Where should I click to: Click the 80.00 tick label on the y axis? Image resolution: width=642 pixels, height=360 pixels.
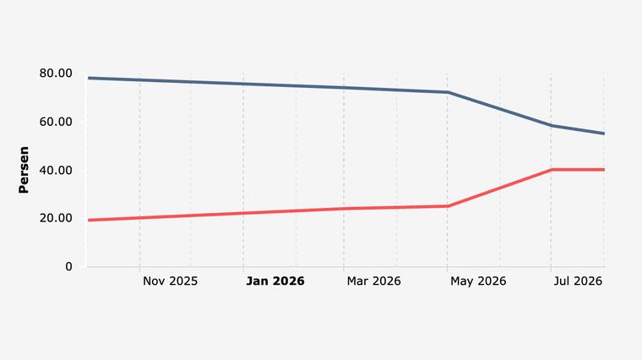(56, 74)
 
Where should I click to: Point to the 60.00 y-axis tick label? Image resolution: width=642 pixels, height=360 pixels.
(56, 122)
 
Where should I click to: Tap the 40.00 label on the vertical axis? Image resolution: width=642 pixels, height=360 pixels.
(56, 171)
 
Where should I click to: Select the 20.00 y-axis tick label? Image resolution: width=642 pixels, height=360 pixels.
(56, 218)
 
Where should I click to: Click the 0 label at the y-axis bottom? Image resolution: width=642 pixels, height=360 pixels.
(68, 267)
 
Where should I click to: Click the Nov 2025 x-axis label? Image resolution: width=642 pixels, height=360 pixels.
(170, 281)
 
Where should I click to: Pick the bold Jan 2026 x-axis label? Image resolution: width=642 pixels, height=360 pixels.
(275, 281)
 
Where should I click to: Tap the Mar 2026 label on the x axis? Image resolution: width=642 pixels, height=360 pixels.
(373, 281)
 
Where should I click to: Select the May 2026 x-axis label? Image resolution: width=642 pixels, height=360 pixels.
(478, 281)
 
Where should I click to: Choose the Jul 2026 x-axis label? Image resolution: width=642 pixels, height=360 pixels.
(578, 281)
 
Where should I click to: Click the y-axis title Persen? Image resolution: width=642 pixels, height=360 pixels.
(24, 170)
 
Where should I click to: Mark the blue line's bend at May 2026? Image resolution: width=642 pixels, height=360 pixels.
(448, 92)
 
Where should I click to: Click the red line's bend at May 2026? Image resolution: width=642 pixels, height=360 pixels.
(448, 206)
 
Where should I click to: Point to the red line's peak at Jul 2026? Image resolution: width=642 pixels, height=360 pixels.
(551, 170)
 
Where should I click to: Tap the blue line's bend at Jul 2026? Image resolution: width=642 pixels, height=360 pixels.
(551, 126)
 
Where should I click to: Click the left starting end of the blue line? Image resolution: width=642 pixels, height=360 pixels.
(89, 78)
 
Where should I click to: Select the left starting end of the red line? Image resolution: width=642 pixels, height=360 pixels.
(89, 221)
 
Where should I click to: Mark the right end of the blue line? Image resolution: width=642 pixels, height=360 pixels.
(604, 134)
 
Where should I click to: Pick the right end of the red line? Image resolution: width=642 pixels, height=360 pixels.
(604, 170)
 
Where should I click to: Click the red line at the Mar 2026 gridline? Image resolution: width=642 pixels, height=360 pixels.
(344, 209)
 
